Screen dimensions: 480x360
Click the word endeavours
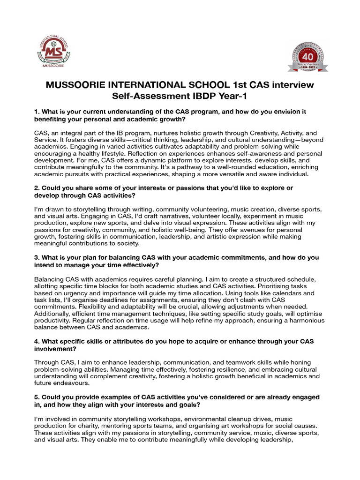pyautogui.click(x=55, y=383)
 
